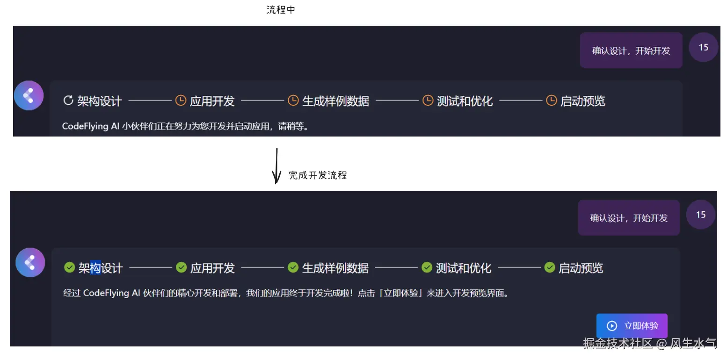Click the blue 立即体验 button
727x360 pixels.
coord(632,325)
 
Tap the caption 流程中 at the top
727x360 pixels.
coord(281,10)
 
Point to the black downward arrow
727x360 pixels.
coord(277,166)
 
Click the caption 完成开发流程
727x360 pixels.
coord(318,175)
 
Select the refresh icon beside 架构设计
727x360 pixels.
coord(68,101)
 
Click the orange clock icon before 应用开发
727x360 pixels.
coord(181,101)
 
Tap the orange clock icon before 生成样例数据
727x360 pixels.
coord(293,101)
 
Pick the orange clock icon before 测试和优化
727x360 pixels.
coord(428,101)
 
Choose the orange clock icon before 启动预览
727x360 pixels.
coord(552,101)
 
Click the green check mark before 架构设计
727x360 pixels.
coord(69,267)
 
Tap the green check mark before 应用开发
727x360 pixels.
coord(182,267)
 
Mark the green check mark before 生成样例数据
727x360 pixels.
coord(293,267)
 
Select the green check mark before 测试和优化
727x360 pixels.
coord(427,267)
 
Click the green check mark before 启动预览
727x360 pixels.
coord(549,267)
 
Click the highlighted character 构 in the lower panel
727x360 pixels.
coord(95,268)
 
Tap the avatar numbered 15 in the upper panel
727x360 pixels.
coord(703,47)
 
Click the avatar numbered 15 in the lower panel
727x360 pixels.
coord(700,215)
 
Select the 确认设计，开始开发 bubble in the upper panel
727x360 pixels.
coord(631,50)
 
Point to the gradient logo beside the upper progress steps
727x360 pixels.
coord(29,95)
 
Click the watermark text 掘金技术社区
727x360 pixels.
coord(618,344)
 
